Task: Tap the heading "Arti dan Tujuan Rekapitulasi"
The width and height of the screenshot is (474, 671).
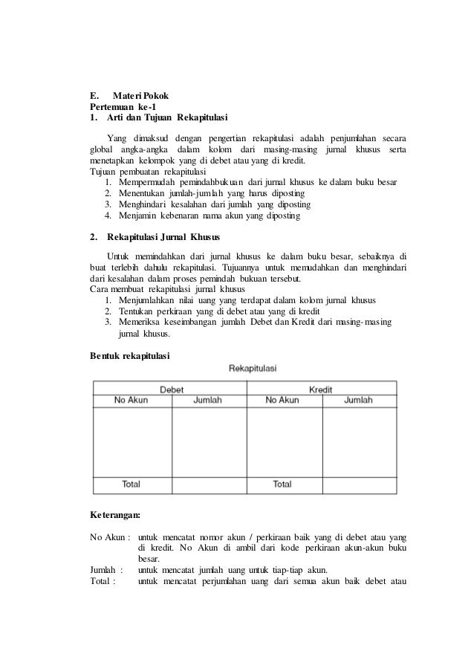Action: coord(157,118)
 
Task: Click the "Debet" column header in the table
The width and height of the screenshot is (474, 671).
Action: coord(172,389)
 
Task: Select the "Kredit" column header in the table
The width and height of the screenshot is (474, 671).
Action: coord(320,389)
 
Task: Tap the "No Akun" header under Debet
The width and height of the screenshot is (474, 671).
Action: coord(131,401)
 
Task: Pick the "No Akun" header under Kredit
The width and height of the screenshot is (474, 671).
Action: coord(282,401)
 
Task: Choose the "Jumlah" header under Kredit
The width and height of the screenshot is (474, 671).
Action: coord(359,401)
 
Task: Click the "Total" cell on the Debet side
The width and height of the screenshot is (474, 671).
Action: coord(131,484)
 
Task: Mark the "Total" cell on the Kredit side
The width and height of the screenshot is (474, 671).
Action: coord(282,484)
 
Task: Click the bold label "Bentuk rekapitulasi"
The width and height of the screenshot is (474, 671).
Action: coord(129,357)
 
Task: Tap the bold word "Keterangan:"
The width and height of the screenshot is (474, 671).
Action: coord(115,514)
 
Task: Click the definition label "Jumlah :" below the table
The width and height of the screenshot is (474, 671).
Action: coord(106,570)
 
